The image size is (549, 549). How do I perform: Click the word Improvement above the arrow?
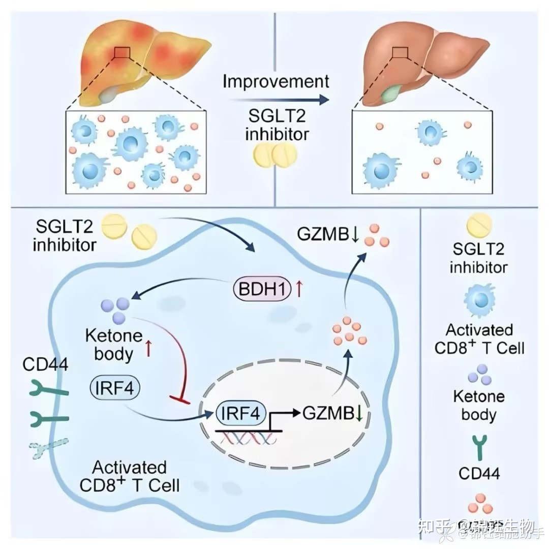click(276, 81)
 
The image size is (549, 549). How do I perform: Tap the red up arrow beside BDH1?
click(299, 290)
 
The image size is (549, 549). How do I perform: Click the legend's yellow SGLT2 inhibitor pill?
click(479, 225)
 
